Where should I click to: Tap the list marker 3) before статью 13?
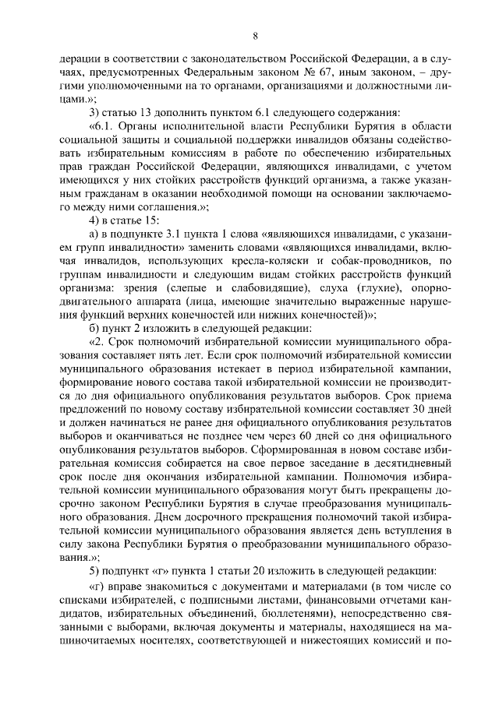click(x=97, y=113)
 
